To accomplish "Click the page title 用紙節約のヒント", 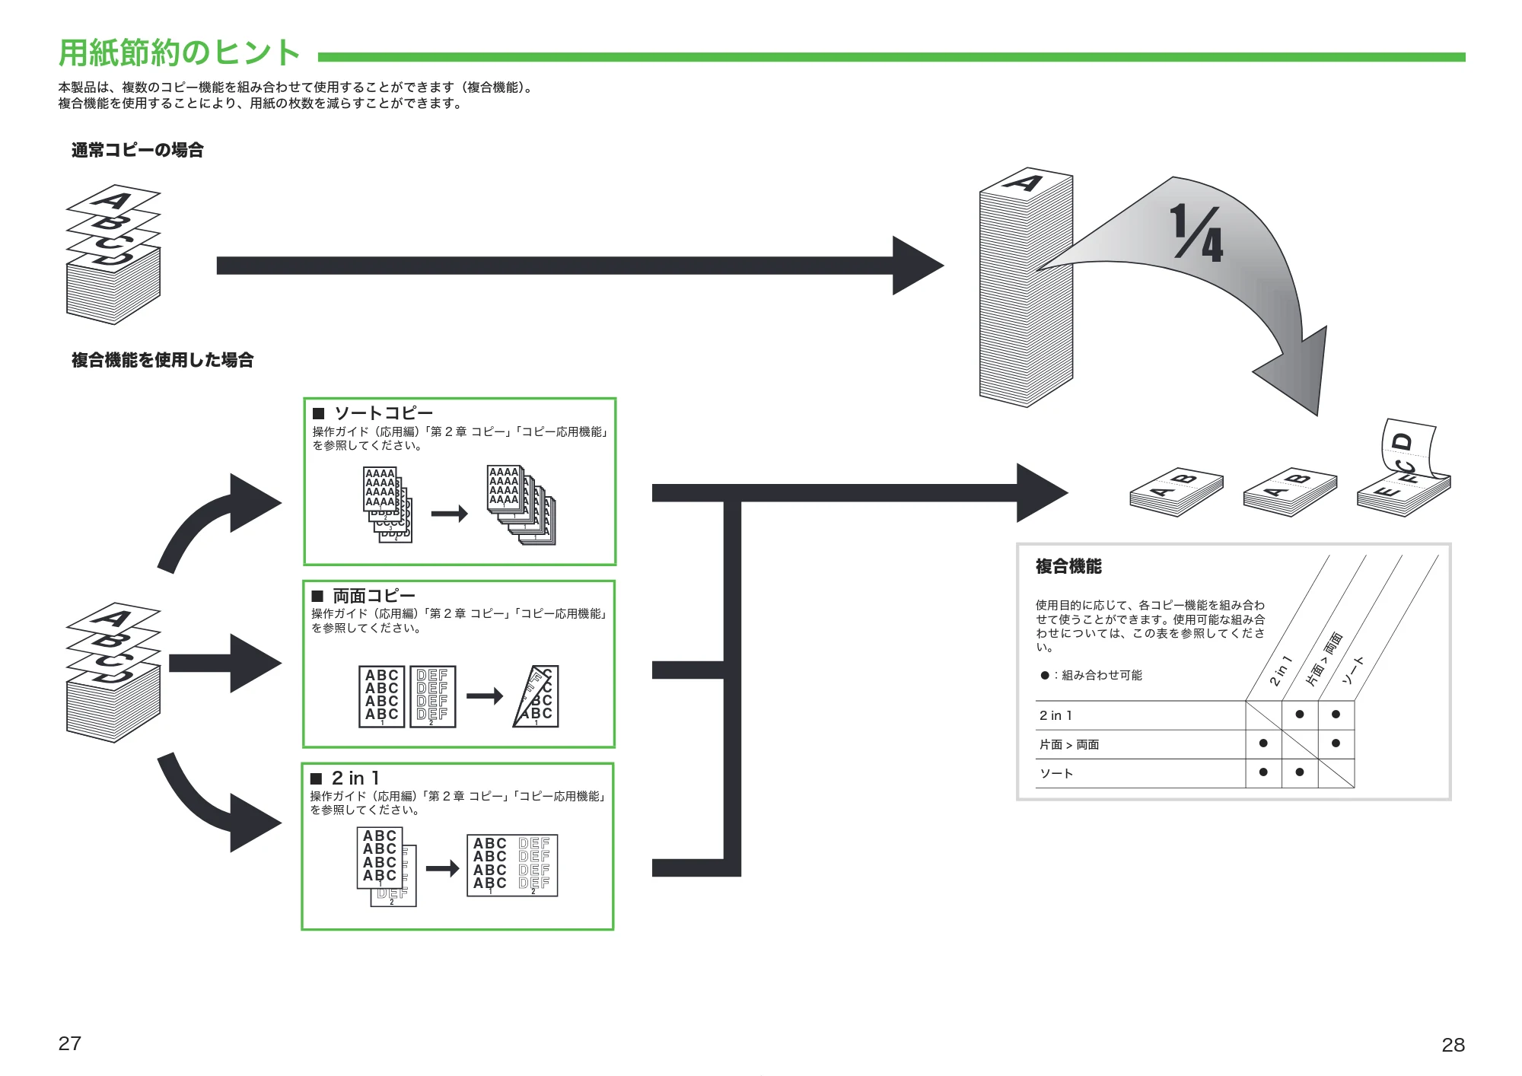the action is (x=180, y=53).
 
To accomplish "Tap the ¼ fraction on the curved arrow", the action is (x=1196, y=234).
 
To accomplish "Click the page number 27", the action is (x=70, y=1043).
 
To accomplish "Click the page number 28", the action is (x=1453, y=1045).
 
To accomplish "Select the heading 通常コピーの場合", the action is (x=138, y=150).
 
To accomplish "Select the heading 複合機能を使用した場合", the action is (x=163, y=360).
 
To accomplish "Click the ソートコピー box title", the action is (x=384, y=413).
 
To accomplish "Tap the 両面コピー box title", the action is (x=374, y=596).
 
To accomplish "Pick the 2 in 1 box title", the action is (x=355, y=778).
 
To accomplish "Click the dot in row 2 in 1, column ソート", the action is (x=1336, y=715).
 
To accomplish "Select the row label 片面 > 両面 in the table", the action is (x=1069, y=744).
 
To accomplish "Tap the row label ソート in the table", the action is (x=1056, y=773).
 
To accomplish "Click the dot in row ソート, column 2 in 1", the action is (x=1263, y=772).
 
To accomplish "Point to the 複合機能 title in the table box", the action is (x=1068, y=566).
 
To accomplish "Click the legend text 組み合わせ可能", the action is (x=1102, y=675).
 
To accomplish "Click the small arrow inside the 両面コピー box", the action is (x=485, y=696).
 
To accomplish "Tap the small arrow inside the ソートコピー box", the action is (x=450, y=514).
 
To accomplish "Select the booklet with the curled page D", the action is (x=1405, y=468).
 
